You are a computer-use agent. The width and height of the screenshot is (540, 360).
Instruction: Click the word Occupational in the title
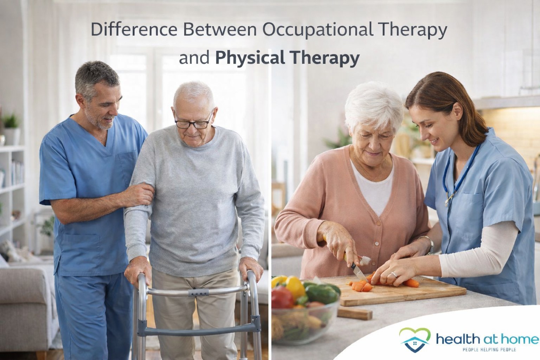[318, 30]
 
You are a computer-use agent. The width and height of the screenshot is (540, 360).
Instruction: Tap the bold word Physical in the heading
[250, 58]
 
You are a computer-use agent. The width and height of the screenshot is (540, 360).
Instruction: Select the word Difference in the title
[134, 29]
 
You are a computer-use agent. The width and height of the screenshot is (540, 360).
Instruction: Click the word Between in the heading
[220, 29]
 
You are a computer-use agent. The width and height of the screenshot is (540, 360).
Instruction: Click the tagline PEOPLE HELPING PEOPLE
[489, 349]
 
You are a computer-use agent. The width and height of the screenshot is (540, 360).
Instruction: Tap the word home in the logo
[520, 339]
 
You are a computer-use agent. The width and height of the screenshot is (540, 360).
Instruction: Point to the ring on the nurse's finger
[394, 275]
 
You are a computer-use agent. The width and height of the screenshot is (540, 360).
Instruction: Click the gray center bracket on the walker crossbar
[198, 292]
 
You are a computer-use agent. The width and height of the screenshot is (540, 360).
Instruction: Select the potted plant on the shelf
[11, 129]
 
